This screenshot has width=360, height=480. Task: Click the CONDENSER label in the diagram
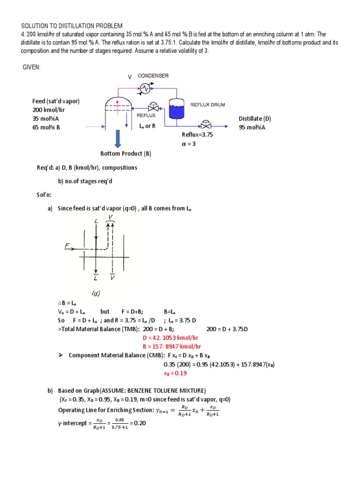[153, 75]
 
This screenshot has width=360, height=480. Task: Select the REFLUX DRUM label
[208, 105]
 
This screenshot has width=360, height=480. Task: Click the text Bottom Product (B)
[126, 153]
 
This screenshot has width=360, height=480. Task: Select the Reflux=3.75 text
[197, 135]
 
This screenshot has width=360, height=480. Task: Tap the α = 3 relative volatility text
[189, 144]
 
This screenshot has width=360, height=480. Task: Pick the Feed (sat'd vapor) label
[56, 101]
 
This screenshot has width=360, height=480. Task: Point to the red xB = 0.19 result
[175, 373]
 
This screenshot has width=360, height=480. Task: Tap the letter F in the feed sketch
[67, 245]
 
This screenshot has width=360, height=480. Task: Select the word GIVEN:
[32, 67]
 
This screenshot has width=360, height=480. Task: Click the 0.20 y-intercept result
[140, 423]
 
